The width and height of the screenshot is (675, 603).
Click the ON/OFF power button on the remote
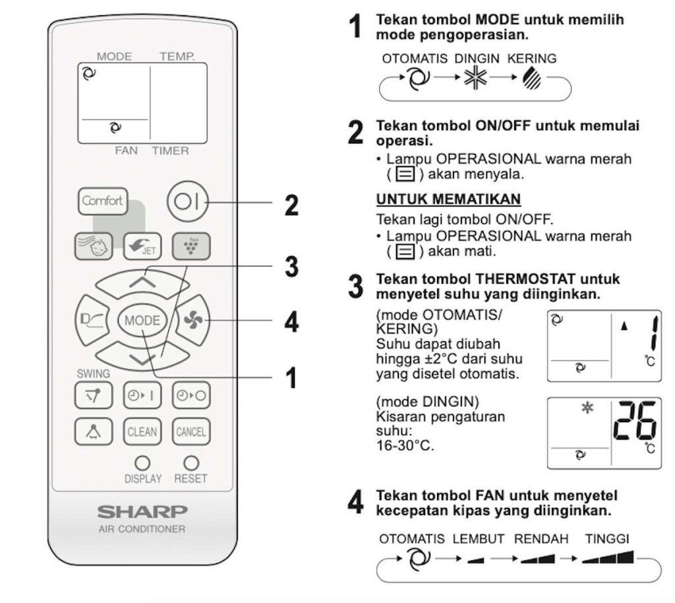187,201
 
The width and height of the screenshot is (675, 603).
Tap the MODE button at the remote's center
142,321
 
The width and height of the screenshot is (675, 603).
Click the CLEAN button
142,432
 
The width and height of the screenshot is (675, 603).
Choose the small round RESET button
191,462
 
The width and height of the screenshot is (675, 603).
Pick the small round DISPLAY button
142,462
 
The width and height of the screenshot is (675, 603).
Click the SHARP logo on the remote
142,511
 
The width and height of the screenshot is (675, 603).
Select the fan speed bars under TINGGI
607,558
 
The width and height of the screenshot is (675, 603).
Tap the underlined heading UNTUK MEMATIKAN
448,199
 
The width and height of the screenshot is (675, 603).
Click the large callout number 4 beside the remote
291,323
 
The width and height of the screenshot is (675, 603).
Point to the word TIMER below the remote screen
170,151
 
